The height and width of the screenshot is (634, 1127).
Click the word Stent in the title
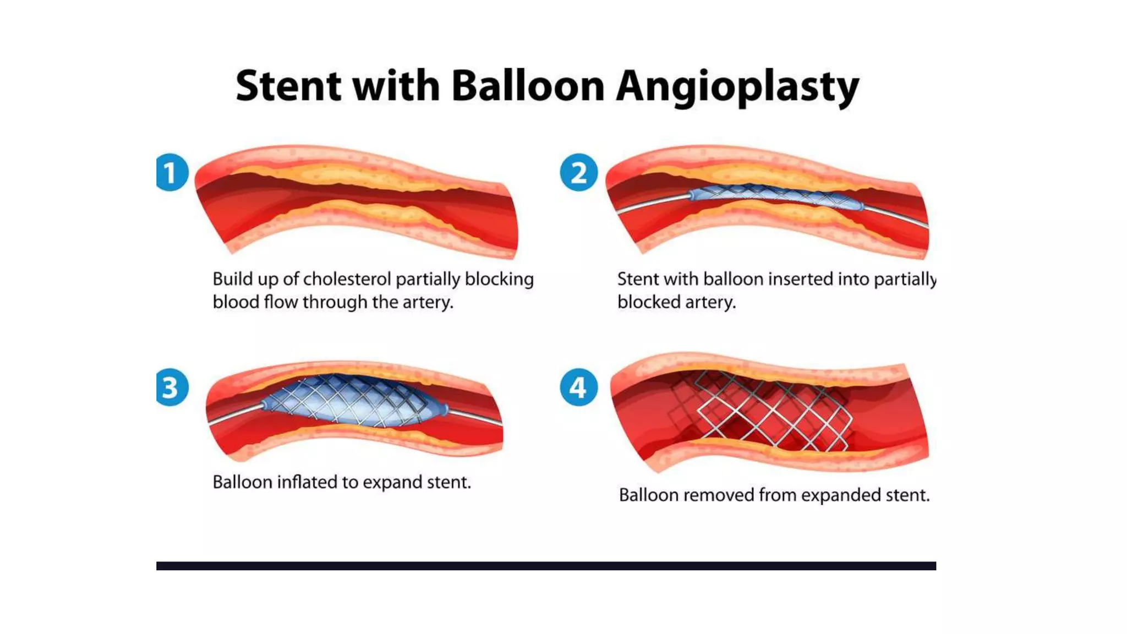(x=288, y=86)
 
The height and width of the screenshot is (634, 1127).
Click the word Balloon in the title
(x=527, y=86)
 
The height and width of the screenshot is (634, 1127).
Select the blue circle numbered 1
(x=172, y=172)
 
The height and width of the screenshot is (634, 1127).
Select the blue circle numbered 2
(x=578, y=172)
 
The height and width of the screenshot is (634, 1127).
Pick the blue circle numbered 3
(x=172, y=387)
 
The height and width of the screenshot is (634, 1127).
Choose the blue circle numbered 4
(x=578, y=387)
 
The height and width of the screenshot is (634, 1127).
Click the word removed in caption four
(x=719, y=495)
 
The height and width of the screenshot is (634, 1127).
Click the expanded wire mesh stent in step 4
(x=770, y=410)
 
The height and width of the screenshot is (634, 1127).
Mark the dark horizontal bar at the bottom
(x=546, y=566)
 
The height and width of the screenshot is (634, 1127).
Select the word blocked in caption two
(x=649, y=302)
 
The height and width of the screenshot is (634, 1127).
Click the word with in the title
(x=396, y=86)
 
